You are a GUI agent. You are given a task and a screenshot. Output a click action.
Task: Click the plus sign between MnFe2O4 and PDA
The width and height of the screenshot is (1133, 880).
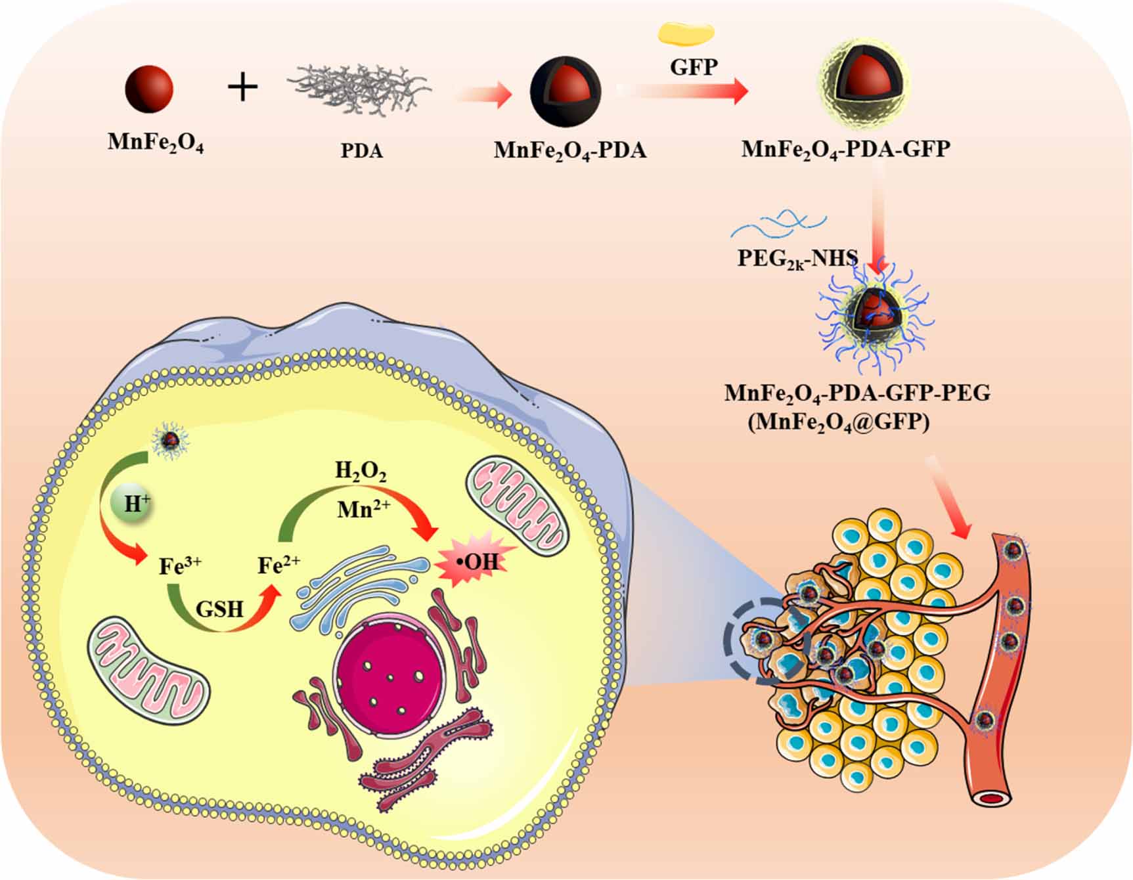[x=242, y=87]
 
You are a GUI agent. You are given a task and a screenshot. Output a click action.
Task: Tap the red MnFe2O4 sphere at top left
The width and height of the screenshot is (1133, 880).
[x=149, y=88]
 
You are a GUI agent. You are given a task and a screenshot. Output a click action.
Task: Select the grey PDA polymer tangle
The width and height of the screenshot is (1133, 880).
[x=360, y=89]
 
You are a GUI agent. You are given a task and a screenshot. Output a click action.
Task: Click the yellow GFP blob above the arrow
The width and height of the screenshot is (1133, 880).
[x=686, y=33]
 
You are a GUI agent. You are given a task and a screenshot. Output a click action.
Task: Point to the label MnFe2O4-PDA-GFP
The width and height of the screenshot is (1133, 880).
[x=845, y=149]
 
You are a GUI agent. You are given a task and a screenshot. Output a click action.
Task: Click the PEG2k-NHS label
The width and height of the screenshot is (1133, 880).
[x=797, y=258]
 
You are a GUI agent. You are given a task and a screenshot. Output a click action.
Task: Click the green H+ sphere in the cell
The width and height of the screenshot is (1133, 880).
[x=137, y=504]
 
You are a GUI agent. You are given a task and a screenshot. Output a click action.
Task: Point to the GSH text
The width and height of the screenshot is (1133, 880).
[x=219, y=609]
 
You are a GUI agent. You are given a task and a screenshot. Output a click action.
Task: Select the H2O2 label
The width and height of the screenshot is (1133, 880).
[x=361, y=471]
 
